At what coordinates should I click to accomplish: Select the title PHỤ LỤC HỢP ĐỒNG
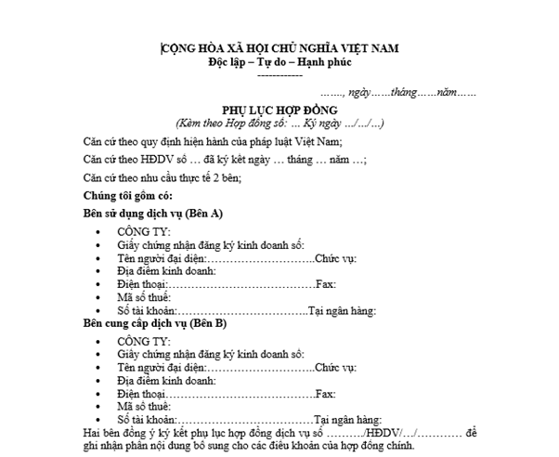point(279,110)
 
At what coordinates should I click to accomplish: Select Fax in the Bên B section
point(325,394)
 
